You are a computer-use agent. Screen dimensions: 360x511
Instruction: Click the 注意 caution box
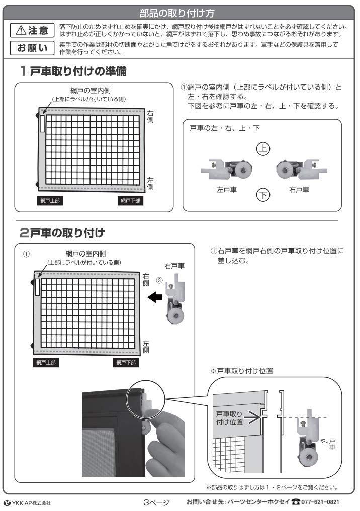tap(32, 30)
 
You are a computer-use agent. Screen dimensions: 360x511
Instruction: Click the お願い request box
tap(32, 48)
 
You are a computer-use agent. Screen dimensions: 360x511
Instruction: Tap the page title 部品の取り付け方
tap(177, 13)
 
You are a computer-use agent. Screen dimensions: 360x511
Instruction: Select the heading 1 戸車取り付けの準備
tap(73, 71)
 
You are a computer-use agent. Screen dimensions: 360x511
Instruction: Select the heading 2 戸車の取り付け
tap(62, 233)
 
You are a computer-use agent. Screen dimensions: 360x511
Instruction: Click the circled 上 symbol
tap(263, 148)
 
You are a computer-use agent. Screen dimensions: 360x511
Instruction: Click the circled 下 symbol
tap(263, 195)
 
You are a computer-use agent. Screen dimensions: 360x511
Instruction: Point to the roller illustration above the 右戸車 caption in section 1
tap(301, 169)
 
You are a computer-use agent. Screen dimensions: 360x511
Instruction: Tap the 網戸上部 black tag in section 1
tap(50, 201)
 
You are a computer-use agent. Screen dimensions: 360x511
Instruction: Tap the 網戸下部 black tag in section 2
tap(126, 363)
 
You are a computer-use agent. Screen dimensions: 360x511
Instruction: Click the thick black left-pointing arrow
tap(155, 297)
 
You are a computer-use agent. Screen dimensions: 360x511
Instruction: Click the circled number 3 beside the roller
tap(159, 280)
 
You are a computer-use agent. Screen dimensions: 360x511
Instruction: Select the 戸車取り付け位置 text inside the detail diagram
tap(229, 418)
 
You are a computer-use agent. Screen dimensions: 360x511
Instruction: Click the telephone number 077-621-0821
tap(320, 502)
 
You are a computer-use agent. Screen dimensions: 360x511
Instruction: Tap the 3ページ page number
tap(157, 502)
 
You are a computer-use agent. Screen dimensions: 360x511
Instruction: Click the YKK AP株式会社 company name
tap(27, 503)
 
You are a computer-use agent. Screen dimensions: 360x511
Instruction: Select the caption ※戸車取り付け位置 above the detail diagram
tap(241, 371)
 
